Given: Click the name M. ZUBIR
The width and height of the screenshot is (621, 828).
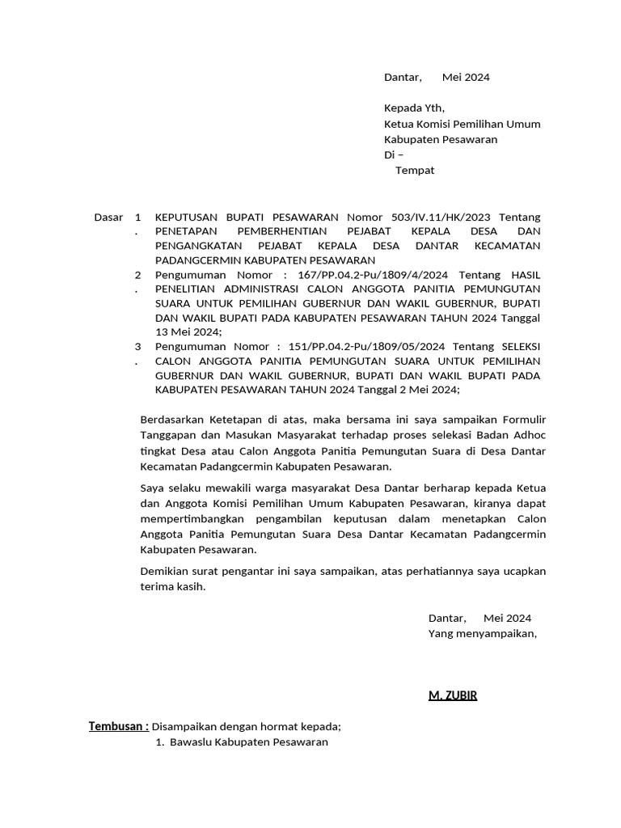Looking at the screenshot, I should (x=453, y=695).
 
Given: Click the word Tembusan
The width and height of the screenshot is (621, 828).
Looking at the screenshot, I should (x=117, y=726).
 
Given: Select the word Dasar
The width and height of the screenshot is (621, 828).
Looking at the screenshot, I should (x=109, y=217).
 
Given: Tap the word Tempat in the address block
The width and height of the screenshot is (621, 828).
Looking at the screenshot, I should (x=415, y=171).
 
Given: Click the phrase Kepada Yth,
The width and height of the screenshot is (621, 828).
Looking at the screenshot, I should (x=414, y=108).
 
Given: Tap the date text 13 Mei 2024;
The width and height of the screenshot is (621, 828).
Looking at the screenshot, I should (x=188, y=332).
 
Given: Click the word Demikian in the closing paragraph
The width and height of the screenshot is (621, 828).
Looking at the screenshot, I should (x=165, y=572).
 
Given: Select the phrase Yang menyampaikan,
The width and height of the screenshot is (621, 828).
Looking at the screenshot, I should (x=482, y=633).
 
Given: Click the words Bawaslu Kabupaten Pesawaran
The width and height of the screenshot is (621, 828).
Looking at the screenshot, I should (x=249, y=741).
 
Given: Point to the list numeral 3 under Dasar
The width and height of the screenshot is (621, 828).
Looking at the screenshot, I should (x=137, y=346).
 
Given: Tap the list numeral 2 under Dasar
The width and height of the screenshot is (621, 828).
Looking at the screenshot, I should (x=137, y=275).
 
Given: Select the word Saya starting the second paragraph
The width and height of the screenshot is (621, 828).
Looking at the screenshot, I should (x=152, y=488).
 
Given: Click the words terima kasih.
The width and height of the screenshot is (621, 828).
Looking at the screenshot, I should (x=173, y=587).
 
